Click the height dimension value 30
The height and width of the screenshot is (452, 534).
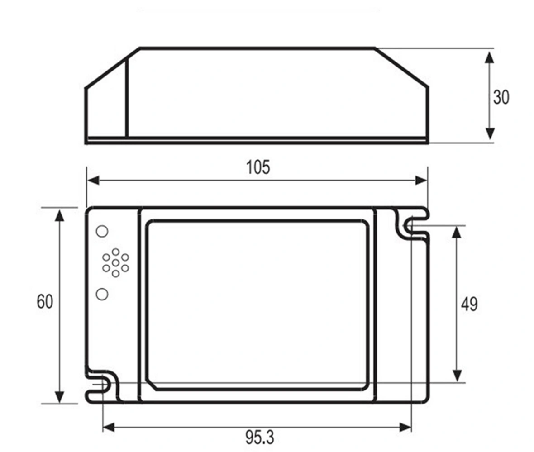501,97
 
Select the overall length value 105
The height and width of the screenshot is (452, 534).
258,167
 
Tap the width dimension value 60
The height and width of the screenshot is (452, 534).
45,301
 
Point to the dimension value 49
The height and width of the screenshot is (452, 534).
469,304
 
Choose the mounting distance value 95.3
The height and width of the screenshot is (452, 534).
259,438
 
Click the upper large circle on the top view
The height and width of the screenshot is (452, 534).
102,231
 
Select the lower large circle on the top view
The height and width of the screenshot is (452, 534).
102,294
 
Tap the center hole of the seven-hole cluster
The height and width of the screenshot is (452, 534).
116,262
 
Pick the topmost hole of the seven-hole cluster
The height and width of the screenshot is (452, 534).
116,252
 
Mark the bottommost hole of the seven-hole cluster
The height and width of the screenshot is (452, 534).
116,274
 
